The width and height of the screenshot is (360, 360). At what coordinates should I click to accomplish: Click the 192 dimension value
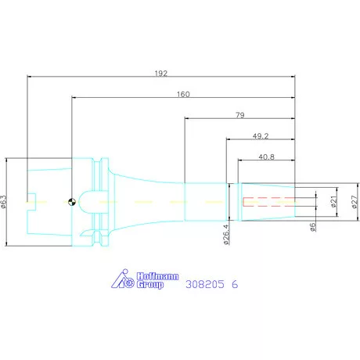tap(161, 74)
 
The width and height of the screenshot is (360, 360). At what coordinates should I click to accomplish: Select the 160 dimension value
tap(183, 94)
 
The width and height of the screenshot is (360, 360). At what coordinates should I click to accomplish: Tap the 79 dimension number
tap(240, 115)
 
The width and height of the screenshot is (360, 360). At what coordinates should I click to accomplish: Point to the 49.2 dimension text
tap(261, 136)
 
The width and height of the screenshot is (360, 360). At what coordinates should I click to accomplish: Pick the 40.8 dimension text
tap(266, 157)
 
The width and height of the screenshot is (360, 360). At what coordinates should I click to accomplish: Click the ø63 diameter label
tap(4, 202)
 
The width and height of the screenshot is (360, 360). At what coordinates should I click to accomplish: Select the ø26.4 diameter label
tap(226, 235)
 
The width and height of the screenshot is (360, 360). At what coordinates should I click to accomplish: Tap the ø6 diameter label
tap(312, 227)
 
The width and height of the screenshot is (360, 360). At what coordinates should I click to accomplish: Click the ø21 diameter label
tap(334, 201)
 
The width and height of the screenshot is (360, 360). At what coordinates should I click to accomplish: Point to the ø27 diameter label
tap(355, 202)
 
